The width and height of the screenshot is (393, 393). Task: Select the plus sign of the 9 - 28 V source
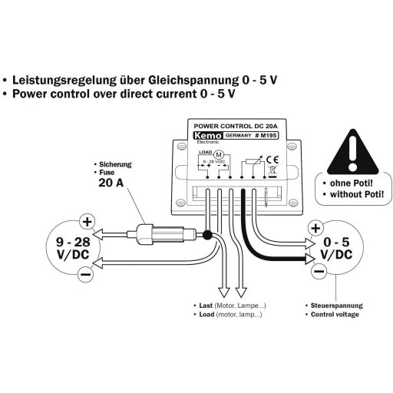click(87, 223)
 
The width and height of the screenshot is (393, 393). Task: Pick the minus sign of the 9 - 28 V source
click(87, 272)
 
